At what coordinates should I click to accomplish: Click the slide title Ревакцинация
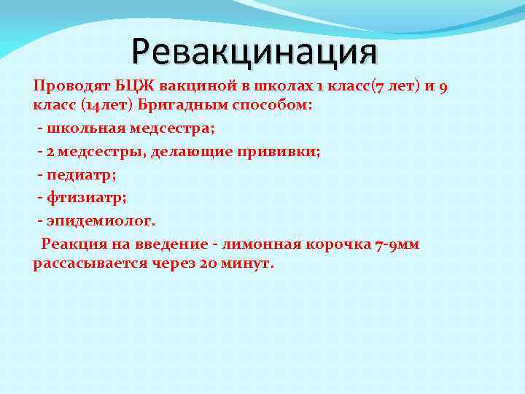(x=254, y=52)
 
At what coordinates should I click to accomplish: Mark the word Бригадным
(x=168, y=105)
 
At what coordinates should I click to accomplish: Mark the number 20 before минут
(x=210, y=263)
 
